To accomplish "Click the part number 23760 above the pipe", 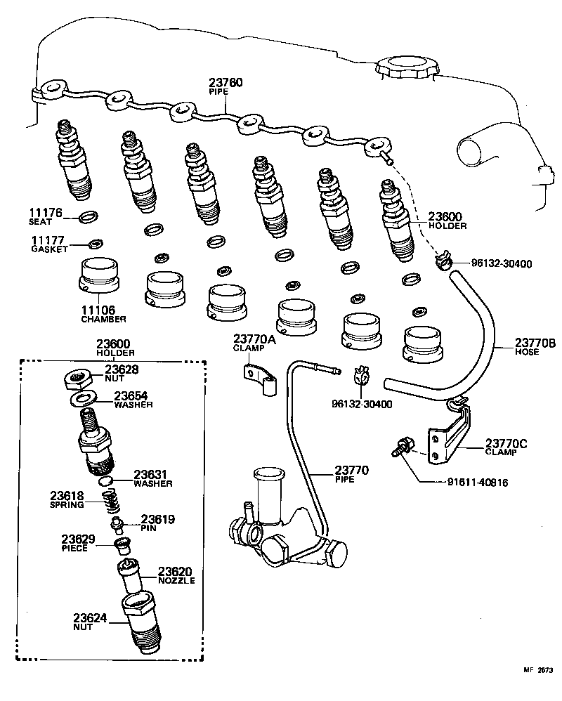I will click(226, 83).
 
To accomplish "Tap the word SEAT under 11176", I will click(39, 221).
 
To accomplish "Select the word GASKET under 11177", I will click(49, 249).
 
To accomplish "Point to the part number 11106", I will click(100, 309).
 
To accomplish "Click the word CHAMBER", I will click(103, 319).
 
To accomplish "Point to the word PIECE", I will click(74, 548).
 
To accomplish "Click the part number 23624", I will click(90, 618).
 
